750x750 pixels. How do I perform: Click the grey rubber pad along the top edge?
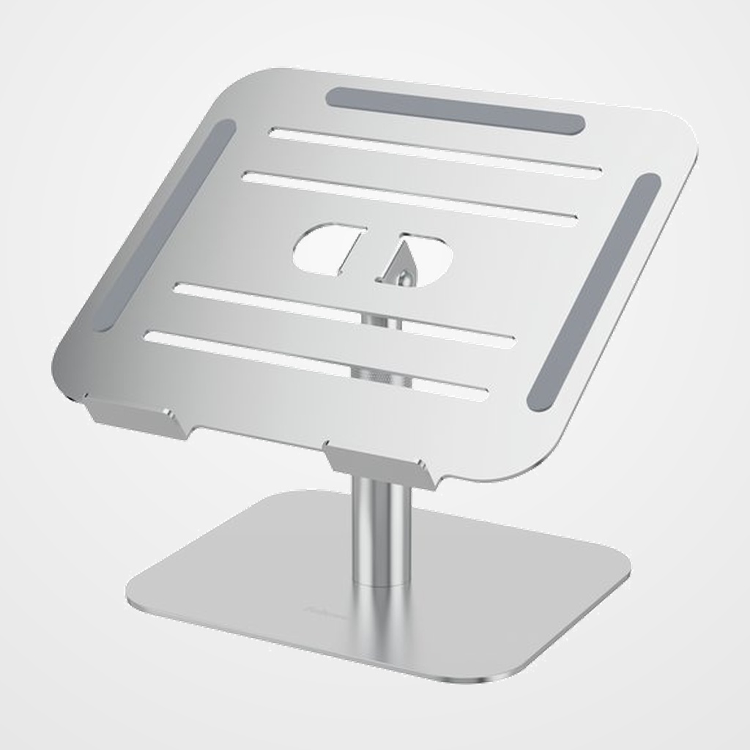pyautogui.click(x=455, y=111)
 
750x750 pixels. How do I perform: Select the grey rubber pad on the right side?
pyautogui.click(x=595, y=286)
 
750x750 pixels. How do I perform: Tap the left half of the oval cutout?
pyautogui.click(x=329, y=250)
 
